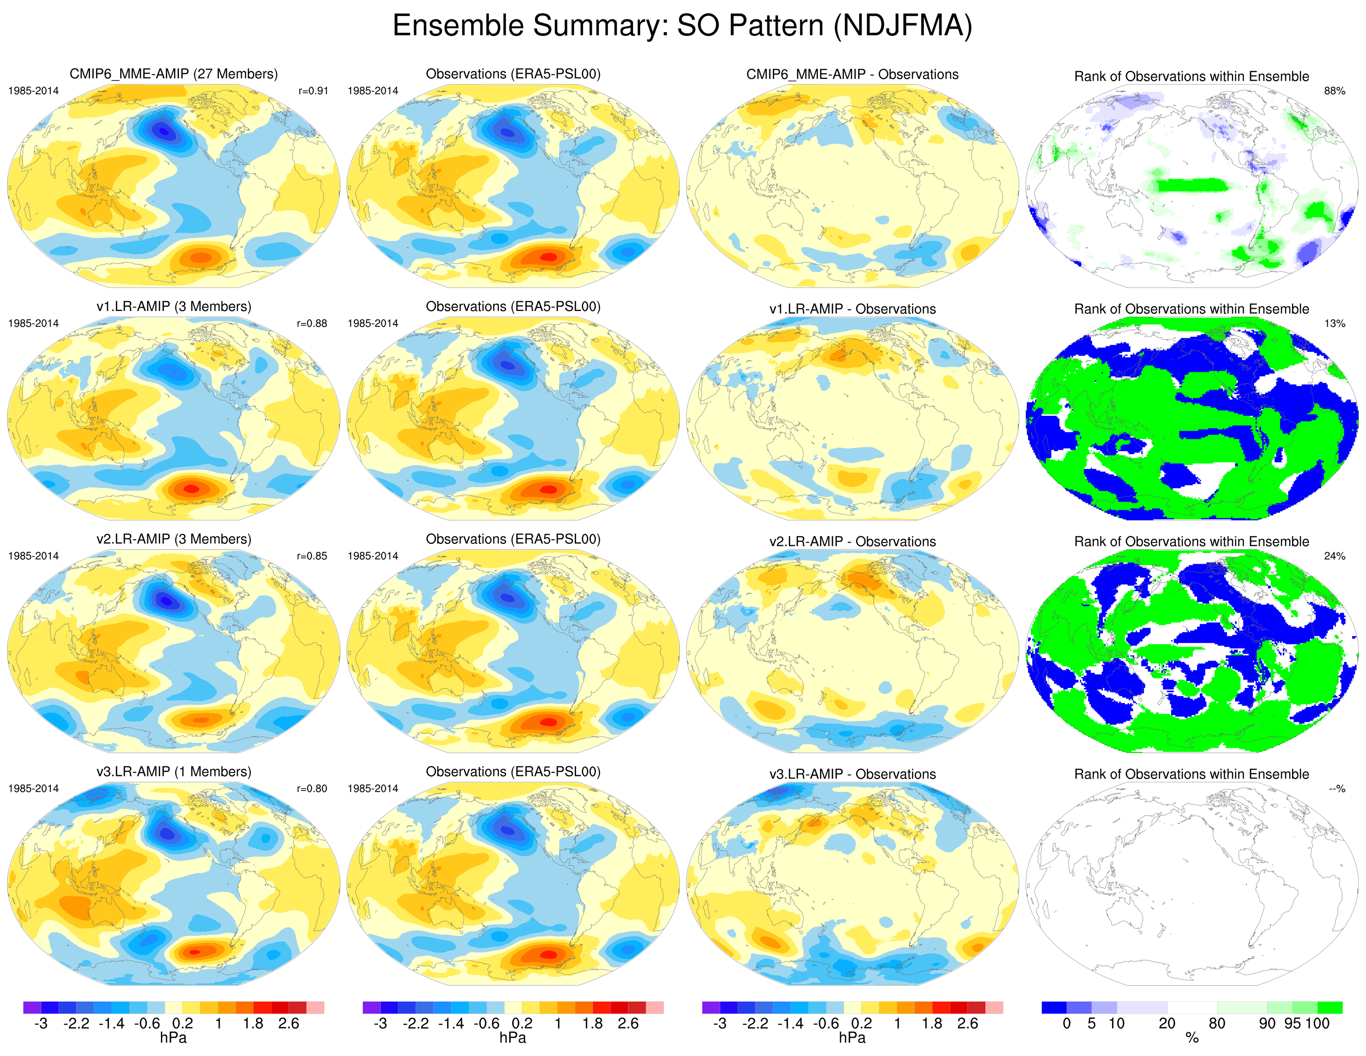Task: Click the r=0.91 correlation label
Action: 313,91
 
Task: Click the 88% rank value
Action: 1334,91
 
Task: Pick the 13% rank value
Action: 1334,323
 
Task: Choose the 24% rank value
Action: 1334,556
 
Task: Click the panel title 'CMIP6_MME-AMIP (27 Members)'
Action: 173,74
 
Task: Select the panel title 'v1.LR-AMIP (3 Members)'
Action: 173,307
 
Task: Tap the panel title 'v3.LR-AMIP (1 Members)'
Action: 173,772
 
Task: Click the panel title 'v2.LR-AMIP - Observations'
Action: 853,541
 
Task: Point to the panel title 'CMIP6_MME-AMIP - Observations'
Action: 853,74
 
